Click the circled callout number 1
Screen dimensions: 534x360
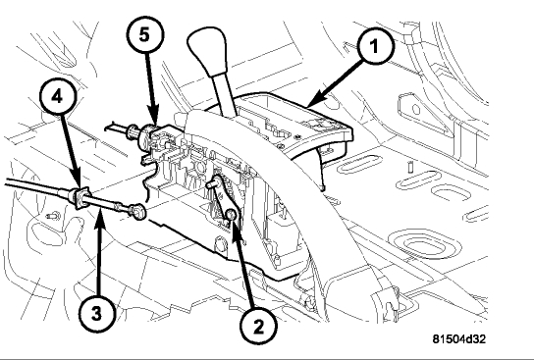click(x=375, y=45)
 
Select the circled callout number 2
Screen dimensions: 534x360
click(x=258, y=327)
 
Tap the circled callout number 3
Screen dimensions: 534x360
click(x=97, y=313)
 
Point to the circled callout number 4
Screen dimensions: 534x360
click(x=57, y=97)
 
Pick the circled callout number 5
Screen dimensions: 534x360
click(x=145, y=34)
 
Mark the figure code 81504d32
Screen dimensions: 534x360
click(x=459, y=338)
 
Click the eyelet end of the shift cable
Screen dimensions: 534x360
click(x=138, y=212)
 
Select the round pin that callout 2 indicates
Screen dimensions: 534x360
click(x=231, y=214)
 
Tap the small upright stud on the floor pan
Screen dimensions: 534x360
click(x=410, y=167)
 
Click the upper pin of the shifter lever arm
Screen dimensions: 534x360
click(x=211, y=184)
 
